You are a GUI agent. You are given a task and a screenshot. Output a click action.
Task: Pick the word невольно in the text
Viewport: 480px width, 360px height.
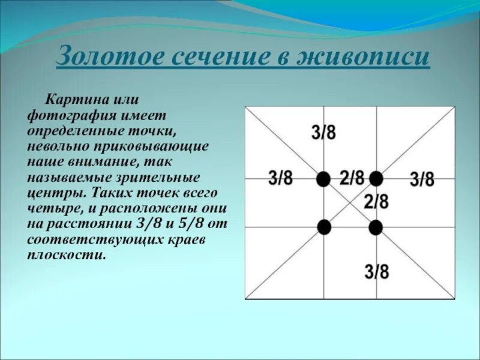pyautogui.click(x=51, y=146)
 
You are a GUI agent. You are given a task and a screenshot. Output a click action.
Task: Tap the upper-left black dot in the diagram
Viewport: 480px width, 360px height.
pyautogui.click(x=323, y=179)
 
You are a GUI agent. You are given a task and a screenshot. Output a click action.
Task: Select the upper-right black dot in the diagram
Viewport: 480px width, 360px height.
pyautogui.click(x=376, y=178)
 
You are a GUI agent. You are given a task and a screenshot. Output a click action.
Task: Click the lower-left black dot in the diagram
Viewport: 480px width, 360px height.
pyautogui.click(x=324, y=227)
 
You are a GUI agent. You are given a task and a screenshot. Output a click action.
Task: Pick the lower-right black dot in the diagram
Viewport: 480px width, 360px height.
pyautogui.click(x=376, y=227)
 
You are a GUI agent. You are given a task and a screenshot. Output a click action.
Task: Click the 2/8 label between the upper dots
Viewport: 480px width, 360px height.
pyautogui.click(x=352, y=178)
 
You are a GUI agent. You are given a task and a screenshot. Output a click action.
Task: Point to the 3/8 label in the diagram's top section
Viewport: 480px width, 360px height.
pyautogui.click(x=324, y=133)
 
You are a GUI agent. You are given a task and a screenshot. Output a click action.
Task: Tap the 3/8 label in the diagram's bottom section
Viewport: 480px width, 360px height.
pyautogui.click(x=377, y=272)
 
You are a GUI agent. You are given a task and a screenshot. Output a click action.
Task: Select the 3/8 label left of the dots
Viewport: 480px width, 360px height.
pyautogui.click(x=280, y=178)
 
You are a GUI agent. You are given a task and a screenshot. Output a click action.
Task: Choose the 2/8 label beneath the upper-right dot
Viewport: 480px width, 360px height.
pyautogui.click(x=376, y=202)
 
